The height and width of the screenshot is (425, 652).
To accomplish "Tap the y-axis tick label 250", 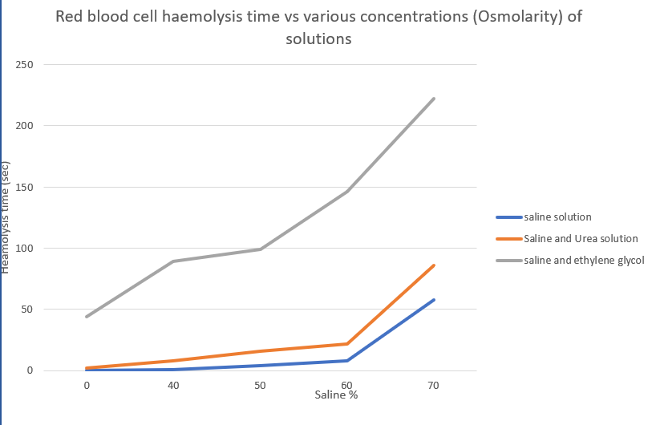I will [24, 64].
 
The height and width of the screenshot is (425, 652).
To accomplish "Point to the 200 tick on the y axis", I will [24, 126].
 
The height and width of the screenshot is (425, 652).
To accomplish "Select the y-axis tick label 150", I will [24, 187].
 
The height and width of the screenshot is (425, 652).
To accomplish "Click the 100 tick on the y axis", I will [24, 248].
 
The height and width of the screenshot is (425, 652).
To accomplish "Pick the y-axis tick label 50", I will [26, 310].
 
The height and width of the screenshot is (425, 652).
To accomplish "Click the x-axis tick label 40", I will [173, 386].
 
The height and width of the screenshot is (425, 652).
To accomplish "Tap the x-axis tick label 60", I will [346, 386].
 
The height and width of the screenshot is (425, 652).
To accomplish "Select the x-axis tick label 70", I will [433, 386].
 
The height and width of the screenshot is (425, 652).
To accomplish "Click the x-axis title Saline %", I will [335, 395].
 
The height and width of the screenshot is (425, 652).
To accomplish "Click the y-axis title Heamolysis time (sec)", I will [6, 217].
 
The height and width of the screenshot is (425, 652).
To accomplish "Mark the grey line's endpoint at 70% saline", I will [434, 99].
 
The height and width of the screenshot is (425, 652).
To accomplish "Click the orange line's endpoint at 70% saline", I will [434, 265].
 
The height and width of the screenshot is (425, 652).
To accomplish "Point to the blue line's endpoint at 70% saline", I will [434, 300].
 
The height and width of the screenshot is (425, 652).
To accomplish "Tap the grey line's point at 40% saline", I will [173, 261].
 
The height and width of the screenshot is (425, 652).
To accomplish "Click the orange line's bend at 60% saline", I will [347, 343].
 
